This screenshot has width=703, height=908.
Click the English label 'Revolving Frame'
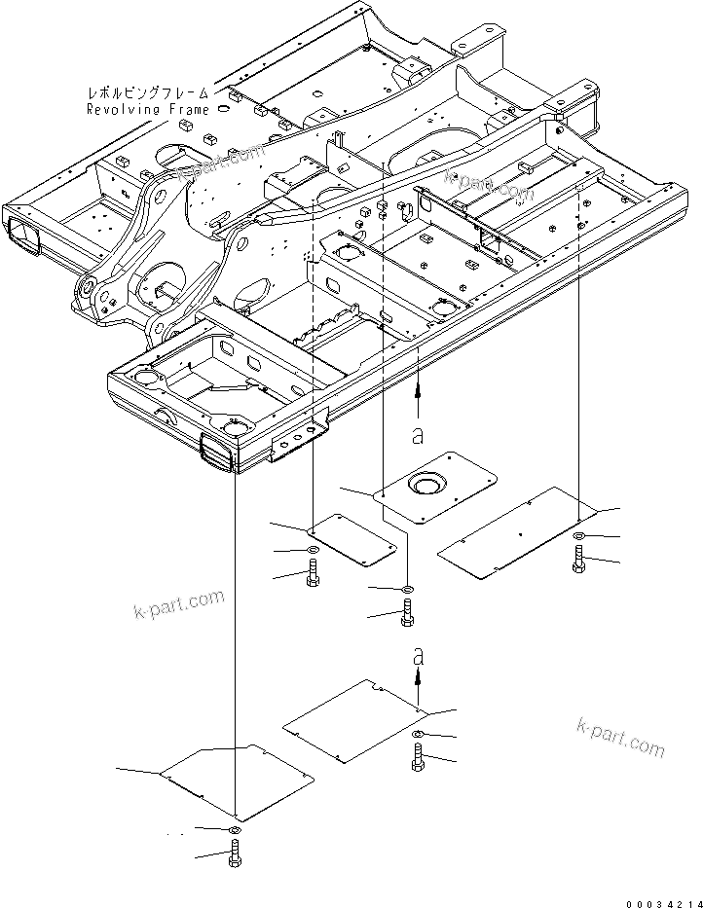tap(148, 109)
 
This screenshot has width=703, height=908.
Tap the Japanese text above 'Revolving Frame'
tap(148, 93)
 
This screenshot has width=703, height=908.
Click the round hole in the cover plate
tap(426, 484)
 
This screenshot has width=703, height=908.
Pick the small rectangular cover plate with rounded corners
tap(351, 538)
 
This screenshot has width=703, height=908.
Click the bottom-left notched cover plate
tap(237, 779)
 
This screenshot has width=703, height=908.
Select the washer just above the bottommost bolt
tap(235, 829)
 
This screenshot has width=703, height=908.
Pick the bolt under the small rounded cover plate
tap(313, 576)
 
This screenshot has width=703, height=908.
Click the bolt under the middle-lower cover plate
tap(419, 759)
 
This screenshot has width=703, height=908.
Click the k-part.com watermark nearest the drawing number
tap(620, 737)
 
